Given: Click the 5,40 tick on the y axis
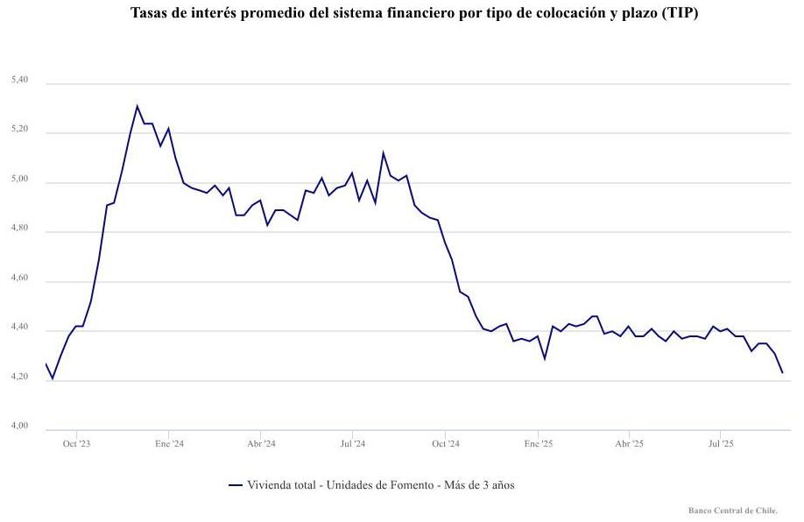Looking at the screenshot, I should click(x=19, y=80).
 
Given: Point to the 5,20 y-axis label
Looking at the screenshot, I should click(x=19, y=129).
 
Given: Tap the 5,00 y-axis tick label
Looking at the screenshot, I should click(x=19, y=179).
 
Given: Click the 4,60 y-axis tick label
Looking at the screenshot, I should click(x=19, y=278).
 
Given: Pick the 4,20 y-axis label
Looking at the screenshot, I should click(x=19, y=377).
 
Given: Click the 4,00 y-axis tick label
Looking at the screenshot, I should click(x=19, y=426).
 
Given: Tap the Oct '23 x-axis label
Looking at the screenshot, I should click(x=76, y=444).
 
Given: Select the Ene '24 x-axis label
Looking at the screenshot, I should click(x=169, y=444).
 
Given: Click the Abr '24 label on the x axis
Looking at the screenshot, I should click(x=261, y=444).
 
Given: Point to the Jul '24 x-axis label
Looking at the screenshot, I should click(x=352, y=444).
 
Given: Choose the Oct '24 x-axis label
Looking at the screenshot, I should click(x=445, y=444).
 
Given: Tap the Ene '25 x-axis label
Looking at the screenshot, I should click(x=539, y=444).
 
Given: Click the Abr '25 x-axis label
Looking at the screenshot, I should click(x=629, y=444).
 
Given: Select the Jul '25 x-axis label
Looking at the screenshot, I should click(x=721, y=444).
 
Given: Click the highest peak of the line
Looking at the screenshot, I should click(x=137, y=106).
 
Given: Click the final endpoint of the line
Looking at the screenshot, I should click(x=782, y=373).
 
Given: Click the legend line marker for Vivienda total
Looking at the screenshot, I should click(x=235, y=485).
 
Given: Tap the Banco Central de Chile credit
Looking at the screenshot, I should click(x=733, y=510).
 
